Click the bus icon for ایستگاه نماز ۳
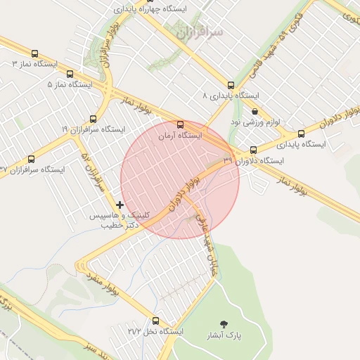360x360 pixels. point(35,53)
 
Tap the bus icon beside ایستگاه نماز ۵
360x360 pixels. point(70,74)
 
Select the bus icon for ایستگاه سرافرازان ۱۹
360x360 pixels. point(93,119)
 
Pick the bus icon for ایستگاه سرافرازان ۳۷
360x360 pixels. point(31,160)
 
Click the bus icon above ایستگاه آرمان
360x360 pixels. point(181,124)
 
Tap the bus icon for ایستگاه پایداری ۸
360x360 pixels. point(231,85)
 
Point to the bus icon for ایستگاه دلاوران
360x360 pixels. point(254,150)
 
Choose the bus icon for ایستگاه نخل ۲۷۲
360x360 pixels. point(156,320)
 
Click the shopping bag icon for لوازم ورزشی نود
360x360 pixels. point(254,111)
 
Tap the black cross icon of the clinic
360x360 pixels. point(120,205)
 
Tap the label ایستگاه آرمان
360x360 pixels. point(179,134)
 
